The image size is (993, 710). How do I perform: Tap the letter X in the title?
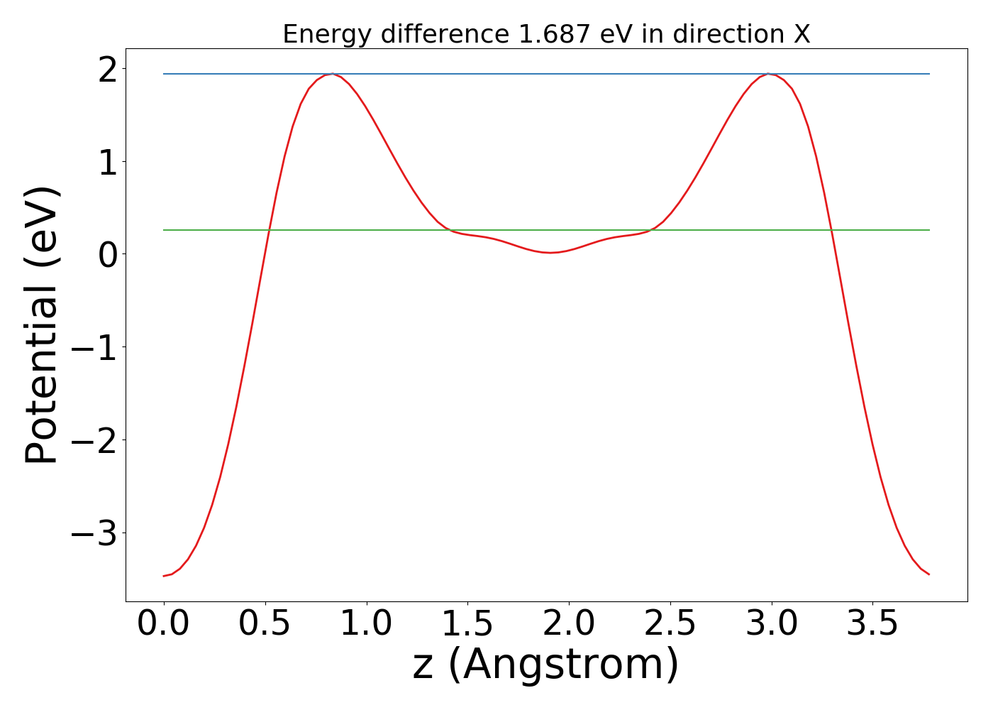pyautogui.click(x=801, y=34)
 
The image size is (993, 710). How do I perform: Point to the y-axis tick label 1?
pyautogui.click(x=107, y=162)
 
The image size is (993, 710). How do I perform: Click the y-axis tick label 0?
pyautogui.click(x=107, y=254)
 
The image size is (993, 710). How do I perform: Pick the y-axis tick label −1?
pyautogui.click(x=94, y=347)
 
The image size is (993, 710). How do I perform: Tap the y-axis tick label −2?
pyautogui.click(x=94, y=440)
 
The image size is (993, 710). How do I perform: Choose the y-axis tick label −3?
pyautogui.click(x=94, y=533)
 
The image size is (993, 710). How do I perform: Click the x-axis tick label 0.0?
pyautogui.click(x=164, y=623)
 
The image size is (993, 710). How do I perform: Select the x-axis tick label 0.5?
pyautogui.click(x=265, y=623)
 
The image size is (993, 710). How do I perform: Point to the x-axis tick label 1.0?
pyautogui.click(x=366, y=623)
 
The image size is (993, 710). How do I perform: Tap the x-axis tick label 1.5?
pyautogui.click(x=467, y=623)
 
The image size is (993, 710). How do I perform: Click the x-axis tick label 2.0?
pyautogui.click(x=569, y=623)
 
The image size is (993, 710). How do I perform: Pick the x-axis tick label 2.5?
pyautogui.click(x=670, y=623)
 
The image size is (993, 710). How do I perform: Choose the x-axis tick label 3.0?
pyautogui.click(x=771, y=623)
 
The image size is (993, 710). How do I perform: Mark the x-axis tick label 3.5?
pyautogui.click(x=872, y=623)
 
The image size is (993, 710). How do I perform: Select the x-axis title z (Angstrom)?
pyautogui.click(x=546, y=665)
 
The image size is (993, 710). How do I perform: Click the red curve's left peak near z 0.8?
pyautogui.click(x=331, y=74)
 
